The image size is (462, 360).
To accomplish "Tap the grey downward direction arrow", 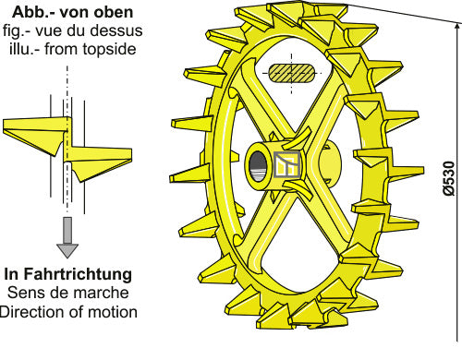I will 67,235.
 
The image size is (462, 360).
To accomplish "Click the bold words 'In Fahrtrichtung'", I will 67,275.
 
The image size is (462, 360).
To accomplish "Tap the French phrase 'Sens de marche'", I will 67,294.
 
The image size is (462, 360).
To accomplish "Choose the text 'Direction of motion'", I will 67,312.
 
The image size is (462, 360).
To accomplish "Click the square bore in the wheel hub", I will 286,165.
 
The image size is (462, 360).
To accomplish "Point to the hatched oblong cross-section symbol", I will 294,73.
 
